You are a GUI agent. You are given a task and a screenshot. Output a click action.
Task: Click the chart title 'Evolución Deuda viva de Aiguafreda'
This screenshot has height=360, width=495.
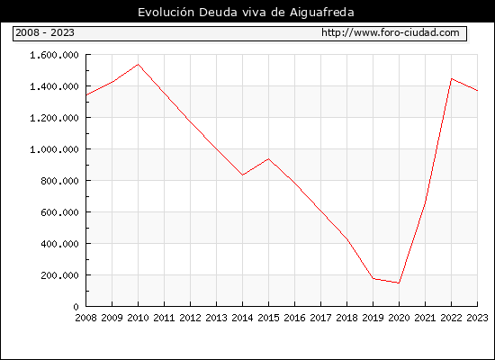[x=246, y=13]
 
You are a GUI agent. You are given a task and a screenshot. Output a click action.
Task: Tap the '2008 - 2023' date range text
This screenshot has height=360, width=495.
[x=45, y=32]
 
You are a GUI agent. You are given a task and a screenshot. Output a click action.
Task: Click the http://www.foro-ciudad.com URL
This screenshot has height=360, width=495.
[x=391, y=32]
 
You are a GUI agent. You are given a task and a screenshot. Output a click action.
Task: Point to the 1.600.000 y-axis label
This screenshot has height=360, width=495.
[x=54, y=55]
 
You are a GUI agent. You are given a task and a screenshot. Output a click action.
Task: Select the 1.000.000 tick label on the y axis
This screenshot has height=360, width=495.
[x=54, y=149]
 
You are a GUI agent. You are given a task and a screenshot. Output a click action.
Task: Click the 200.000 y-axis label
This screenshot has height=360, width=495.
[x=59, y=275]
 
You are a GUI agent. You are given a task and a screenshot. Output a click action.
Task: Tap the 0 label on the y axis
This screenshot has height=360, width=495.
[x=76, y=307]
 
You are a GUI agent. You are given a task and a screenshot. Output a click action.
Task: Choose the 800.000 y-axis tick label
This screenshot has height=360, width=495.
[x=59, y=181]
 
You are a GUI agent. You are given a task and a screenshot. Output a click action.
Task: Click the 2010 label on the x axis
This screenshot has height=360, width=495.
[x=138, y=318]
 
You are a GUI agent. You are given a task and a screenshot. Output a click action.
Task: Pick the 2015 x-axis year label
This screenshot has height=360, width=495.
[x=269, y=318]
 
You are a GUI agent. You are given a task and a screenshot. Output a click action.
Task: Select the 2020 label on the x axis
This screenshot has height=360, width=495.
[x=399, y=318]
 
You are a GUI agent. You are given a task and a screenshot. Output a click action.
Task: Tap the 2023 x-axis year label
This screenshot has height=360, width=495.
[x=477, y=318]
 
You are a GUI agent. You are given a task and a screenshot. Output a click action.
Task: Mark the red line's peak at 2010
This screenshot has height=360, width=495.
[x=138, y=65]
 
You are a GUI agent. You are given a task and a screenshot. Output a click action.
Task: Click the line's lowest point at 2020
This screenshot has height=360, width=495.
[x=399, y=283]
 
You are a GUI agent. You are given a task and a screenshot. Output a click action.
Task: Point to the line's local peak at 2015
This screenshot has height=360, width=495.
[x=269, y=158]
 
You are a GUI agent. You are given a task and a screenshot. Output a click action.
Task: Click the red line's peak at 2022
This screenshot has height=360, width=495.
[x=452, y=78]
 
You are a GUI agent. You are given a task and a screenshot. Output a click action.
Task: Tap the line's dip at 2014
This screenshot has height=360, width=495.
[x=242, y=175]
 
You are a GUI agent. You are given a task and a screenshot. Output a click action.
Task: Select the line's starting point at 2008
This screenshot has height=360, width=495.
[x=86, y=95]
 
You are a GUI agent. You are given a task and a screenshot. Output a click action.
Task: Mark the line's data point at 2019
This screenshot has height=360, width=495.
[x=373, y=278]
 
